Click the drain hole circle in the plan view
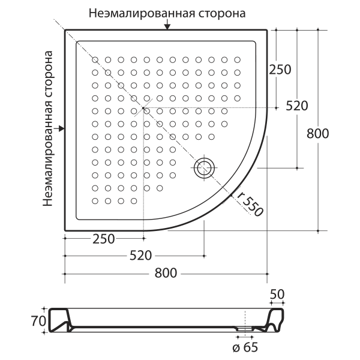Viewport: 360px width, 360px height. pyautogui.click(x=204, y=168)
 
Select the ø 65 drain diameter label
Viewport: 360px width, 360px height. pyautogui.click(x=245, y=347)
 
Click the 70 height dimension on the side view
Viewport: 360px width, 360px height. pyautogui.click(x=38, y=321)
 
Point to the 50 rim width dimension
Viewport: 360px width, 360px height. pyautogui.click(x=277, y=294)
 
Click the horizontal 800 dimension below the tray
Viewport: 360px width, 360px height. pyautogui.click(x=166, y=273)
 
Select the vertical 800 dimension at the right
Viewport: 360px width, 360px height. pyautogui.click(x=318, y=134)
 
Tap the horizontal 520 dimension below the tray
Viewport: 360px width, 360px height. pyautogui.click(x=141, y=256)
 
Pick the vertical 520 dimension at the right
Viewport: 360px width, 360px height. pyautogui.click(x=296, y=106)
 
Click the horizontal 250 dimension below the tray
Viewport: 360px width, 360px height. pyautogui.click(x=104, y=239)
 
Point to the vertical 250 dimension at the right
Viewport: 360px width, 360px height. pyautogui.click(x=280, y=70)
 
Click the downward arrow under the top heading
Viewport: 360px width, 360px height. pyautogui.click(x=167, y=25)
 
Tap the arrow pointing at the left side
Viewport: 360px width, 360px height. pyautogui.click(x=59, y=128)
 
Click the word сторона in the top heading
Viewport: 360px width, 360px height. pyautogui.click(x=222, y=13)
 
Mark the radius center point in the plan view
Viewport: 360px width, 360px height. pyautogui.click(x=143, y=107)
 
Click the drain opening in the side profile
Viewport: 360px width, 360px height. pyautogui.click(x=245, y=329)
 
